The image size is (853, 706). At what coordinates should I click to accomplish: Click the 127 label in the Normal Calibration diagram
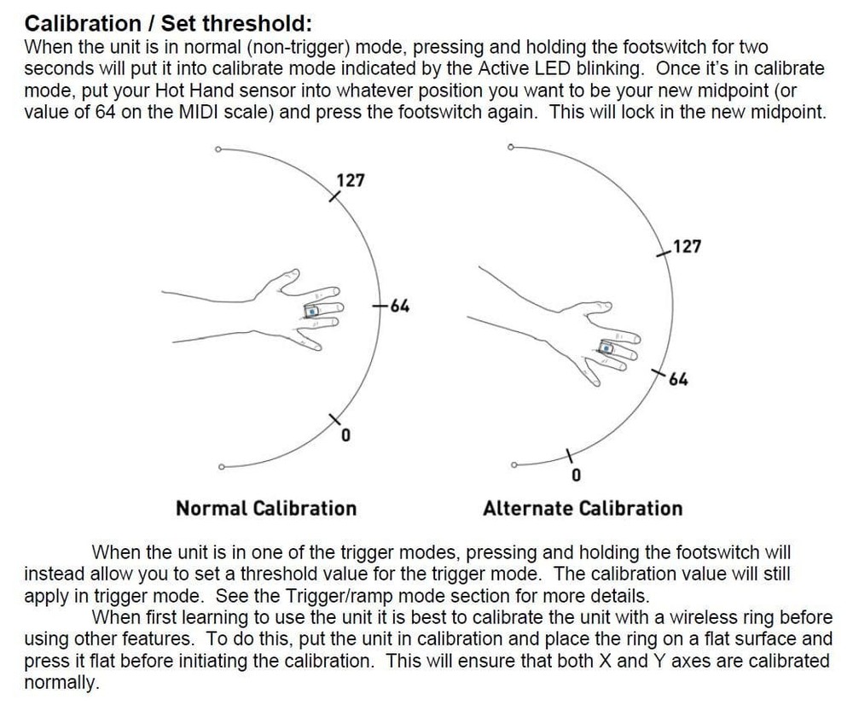tap(350, 180)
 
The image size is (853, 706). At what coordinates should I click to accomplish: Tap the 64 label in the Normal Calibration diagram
tap(398, 305)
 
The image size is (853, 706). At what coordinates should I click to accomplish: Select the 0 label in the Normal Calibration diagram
tap(345, 437)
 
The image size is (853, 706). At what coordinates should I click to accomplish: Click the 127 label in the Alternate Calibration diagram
tap(686, 247)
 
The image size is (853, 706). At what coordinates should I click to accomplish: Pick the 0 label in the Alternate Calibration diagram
tap(576, 474)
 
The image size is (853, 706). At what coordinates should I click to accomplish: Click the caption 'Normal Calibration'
tap(266, 509)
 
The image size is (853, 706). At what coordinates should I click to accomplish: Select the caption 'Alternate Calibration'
tap(583, 509)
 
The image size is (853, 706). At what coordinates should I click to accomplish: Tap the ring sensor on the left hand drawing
tap(313, 312)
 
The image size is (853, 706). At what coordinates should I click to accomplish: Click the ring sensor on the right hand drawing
tap(606, 347)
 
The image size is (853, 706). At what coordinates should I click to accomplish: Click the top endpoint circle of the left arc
tap(218, 149)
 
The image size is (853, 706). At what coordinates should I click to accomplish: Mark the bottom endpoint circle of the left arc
tap(221, 467)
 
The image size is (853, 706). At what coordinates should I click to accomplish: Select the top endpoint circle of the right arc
tap(510, 147)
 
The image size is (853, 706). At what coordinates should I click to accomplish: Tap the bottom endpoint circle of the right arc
tap(513, 464)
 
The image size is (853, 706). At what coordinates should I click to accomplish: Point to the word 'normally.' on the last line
tap(61, 684)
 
